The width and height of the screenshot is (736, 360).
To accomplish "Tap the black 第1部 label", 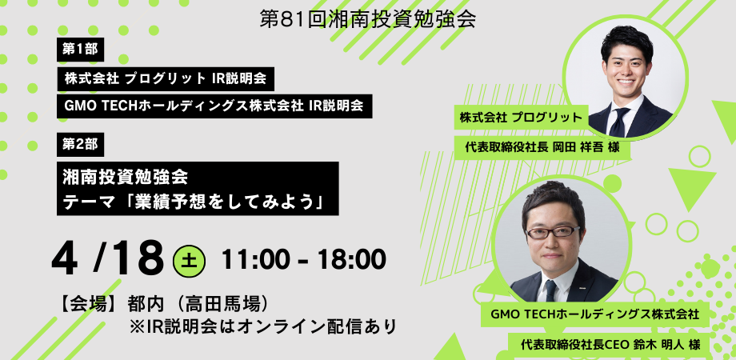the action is [80, 50].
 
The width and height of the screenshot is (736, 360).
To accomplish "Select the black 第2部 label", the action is [80, 145].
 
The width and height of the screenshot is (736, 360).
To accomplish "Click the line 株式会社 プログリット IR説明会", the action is [166, 79].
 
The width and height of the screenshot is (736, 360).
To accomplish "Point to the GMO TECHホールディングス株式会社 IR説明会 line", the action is [214, 106].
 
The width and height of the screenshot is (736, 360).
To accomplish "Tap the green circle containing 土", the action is [189, 261].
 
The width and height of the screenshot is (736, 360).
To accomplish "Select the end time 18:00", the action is [351, 259].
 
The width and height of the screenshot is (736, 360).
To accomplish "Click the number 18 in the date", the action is [137, 258].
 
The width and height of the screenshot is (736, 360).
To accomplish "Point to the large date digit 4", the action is [65, 258].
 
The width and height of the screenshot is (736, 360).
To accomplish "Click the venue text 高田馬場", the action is [222, 305].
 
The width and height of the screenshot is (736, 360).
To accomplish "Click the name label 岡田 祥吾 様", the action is [586, 147].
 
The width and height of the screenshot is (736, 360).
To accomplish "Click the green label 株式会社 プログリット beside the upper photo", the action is [521, 118].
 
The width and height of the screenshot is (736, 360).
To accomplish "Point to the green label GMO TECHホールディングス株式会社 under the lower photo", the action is [594, 314].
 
